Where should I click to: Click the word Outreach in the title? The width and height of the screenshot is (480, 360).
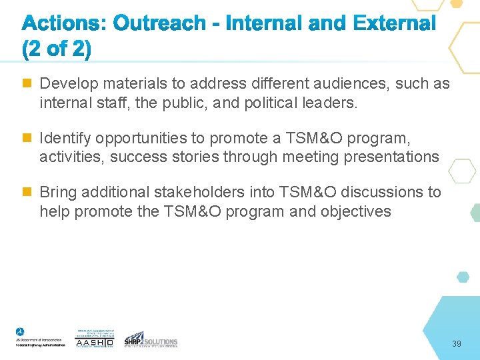pos(160,24)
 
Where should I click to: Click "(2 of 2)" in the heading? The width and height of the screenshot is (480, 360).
pos(57,49)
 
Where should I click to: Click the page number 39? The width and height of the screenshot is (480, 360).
pos(457,343)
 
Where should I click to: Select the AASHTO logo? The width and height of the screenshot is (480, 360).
pos(95,339)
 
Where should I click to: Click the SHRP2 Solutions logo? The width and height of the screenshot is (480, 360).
pos(151,339)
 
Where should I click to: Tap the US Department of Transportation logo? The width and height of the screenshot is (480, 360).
pos(40,337)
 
